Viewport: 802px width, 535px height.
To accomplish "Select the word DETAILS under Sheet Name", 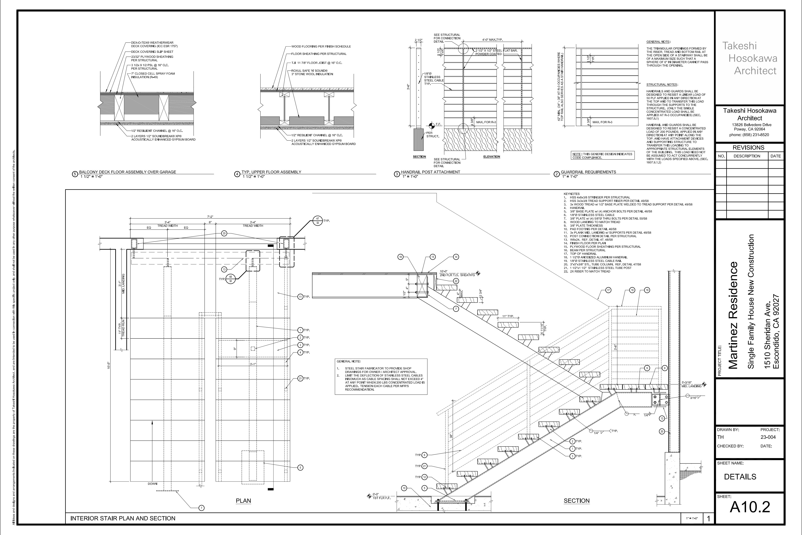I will (x=740, y=477).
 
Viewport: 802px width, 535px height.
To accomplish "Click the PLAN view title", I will (x=243, y=501).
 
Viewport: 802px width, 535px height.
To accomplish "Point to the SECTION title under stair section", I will (x=576, y=501).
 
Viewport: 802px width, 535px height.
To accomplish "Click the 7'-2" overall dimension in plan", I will (x=210, y=217).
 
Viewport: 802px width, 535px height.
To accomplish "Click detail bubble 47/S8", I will (x=317, y=221).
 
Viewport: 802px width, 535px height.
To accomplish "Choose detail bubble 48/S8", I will (x=231, y=279).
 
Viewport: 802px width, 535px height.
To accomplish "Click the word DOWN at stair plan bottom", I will (x=152, y=484).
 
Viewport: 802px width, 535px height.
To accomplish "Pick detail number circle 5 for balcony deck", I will (x=75, y=174).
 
